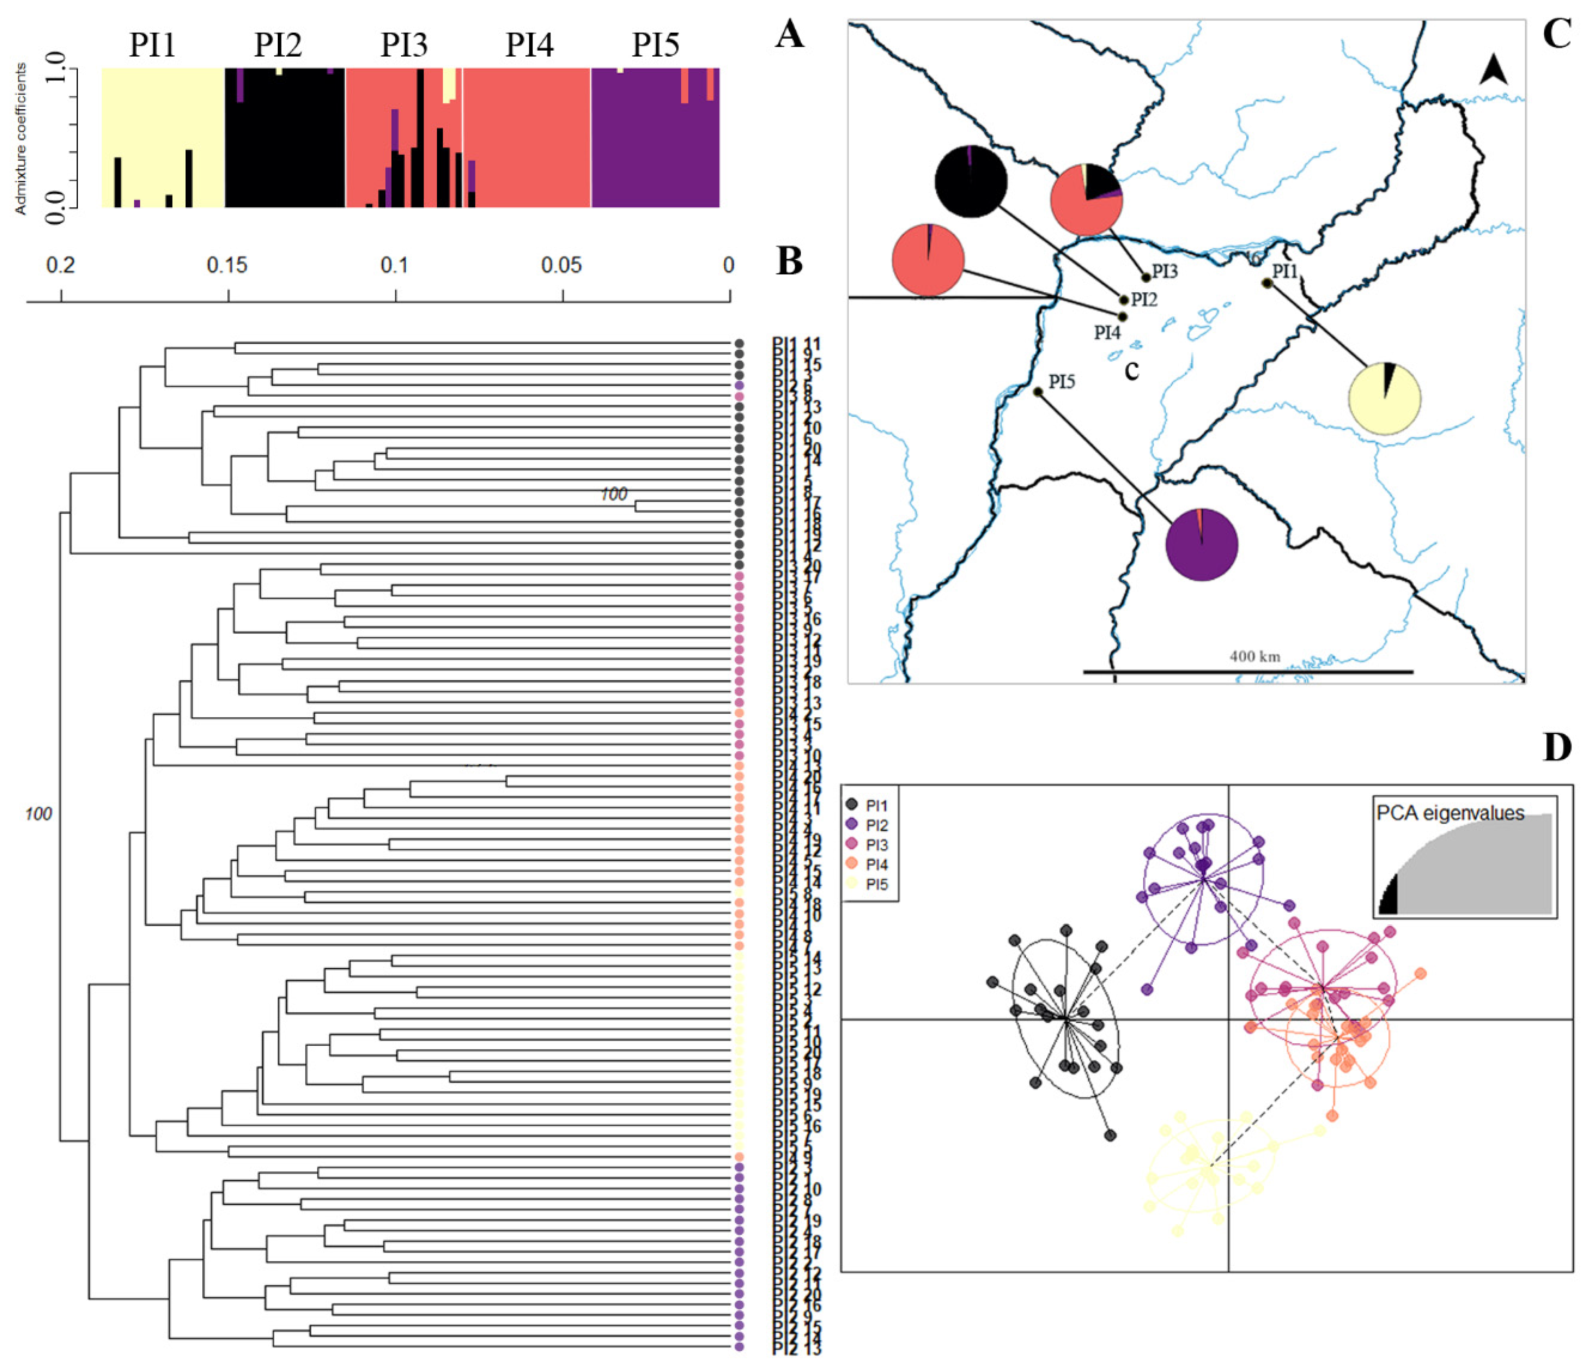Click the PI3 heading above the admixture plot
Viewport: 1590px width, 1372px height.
(404, 45)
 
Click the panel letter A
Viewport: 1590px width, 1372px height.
(790, 34)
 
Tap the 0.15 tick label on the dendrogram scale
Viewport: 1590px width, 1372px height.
(227, 266)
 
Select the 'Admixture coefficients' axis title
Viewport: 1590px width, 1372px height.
(21, 138)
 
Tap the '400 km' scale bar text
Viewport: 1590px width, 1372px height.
(1254, 656)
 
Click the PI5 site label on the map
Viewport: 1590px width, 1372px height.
(1062, 382)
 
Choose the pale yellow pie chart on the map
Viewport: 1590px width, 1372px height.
(1384, 399)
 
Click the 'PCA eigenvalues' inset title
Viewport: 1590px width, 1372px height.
(1450, 813)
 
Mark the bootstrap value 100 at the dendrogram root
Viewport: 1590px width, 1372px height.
(39, 813)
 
